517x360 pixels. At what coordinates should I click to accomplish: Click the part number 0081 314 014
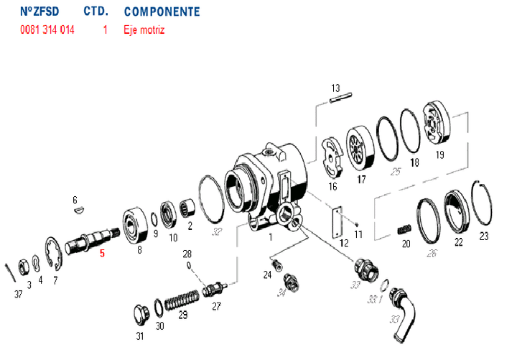pyautogui.click(x=47, y=30)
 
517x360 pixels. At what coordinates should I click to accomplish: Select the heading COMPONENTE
pyautogui.click(x=162, y=12)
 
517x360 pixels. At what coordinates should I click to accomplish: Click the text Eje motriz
pyautogui.click(x=144, y=30)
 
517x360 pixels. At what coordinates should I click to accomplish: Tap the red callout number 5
pyautogui.click(x=102, y=253)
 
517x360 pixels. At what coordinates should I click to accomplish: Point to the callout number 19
pyautogui.click(x=439, y=154)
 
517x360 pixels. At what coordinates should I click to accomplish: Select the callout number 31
pyautogui.click(x=140, y=336)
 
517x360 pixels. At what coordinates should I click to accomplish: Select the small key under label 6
pyautogui.click(x=80, y=211)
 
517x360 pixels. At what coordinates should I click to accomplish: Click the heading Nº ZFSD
pyautogui.click(x=39, y=12)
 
